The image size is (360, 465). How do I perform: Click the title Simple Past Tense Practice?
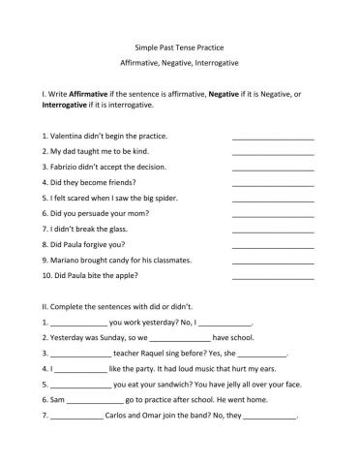(181, 46)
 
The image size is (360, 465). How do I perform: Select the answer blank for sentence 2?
(273, 153)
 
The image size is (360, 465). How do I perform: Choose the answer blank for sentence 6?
(273, 215)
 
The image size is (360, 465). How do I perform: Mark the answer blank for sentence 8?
(273, 246)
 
